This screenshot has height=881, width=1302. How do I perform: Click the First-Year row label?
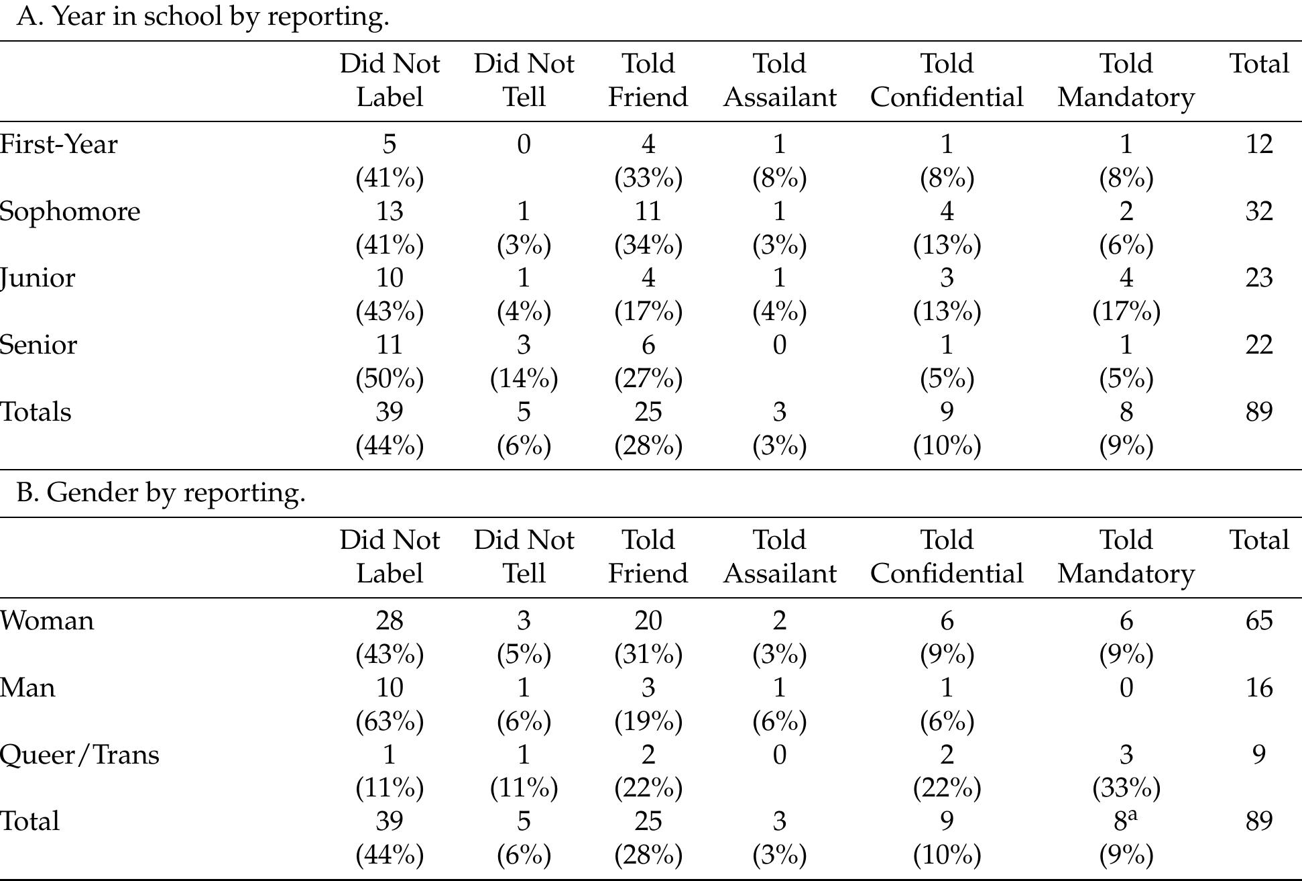pyautogui.click(x=58, y=144)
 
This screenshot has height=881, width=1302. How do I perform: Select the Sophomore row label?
pyautogui.click(x=70, y=212)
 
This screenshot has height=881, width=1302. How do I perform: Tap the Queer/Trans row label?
pyautogui.click(x=79, y=755)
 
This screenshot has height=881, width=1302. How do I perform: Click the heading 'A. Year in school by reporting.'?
pyautogui.click(x=202, y=16)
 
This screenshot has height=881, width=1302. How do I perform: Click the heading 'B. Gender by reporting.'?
pyautogui.click(x=161, y=493)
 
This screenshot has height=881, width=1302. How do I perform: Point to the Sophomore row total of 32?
pyautogui.click(x=1258, y=211)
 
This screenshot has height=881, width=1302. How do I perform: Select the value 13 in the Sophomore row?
pyautogui.click(x=389, y=211)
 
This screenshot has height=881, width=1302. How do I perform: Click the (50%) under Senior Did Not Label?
pyautogui.click(x=389, y=378)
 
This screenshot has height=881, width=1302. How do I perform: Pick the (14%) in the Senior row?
pyautogui.click(x=524, y=378)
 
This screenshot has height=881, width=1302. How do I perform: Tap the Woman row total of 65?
pyautogui.click(x=1258, y=621)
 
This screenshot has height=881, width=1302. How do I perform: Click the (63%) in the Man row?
pyautogui.click(x=389, y=721)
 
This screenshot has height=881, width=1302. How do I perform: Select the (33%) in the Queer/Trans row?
pyautogui.click(x=1126, y=788)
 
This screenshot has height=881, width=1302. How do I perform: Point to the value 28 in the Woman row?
pyautogui.click(x=389, y=621)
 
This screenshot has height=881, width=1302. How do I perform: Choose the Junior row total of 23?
pyautogui.click(x=1258, y=278)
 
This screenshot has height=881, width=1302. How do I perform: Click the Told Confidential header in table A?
pyautogui.click(x=946, y=81)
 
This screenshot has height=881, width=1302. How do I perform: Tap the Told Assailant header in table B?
pyautogui.click(x=779, y=557)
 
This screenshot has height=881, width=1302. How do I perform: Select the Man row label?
pyautogui.click(x=27, y=688)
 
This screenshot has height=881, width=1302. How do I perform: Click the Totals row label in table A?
pyautogui.click(x=36, y=412)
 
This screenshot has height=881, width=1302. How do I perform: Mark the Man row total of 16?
pyautogui.click(x=1258, y=688)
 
